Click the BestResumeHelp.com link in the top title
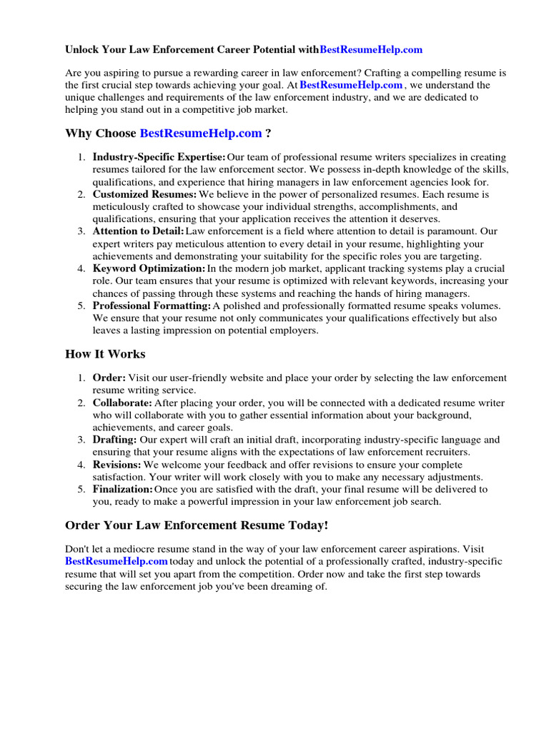[x=370, y=50]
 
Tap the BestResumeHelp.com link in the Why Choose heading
[x=200, y=133]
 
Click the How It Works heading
[x=105, y=354]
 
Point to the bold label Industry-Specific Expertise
[x=159, y=157]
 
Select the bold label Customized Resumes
[x=144, y=194]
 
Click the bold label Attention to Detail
[x=138, y=231]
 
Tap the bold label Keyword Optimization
[x=149, y=268]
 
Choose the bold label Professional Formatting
[x=152, y=306]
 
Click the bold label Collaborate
[x=122, y=403]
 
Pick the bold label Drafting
[x=114, y=440]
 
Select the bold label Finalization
[x=122, y=490]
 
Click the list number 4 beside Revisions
[x=81, y=465]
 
